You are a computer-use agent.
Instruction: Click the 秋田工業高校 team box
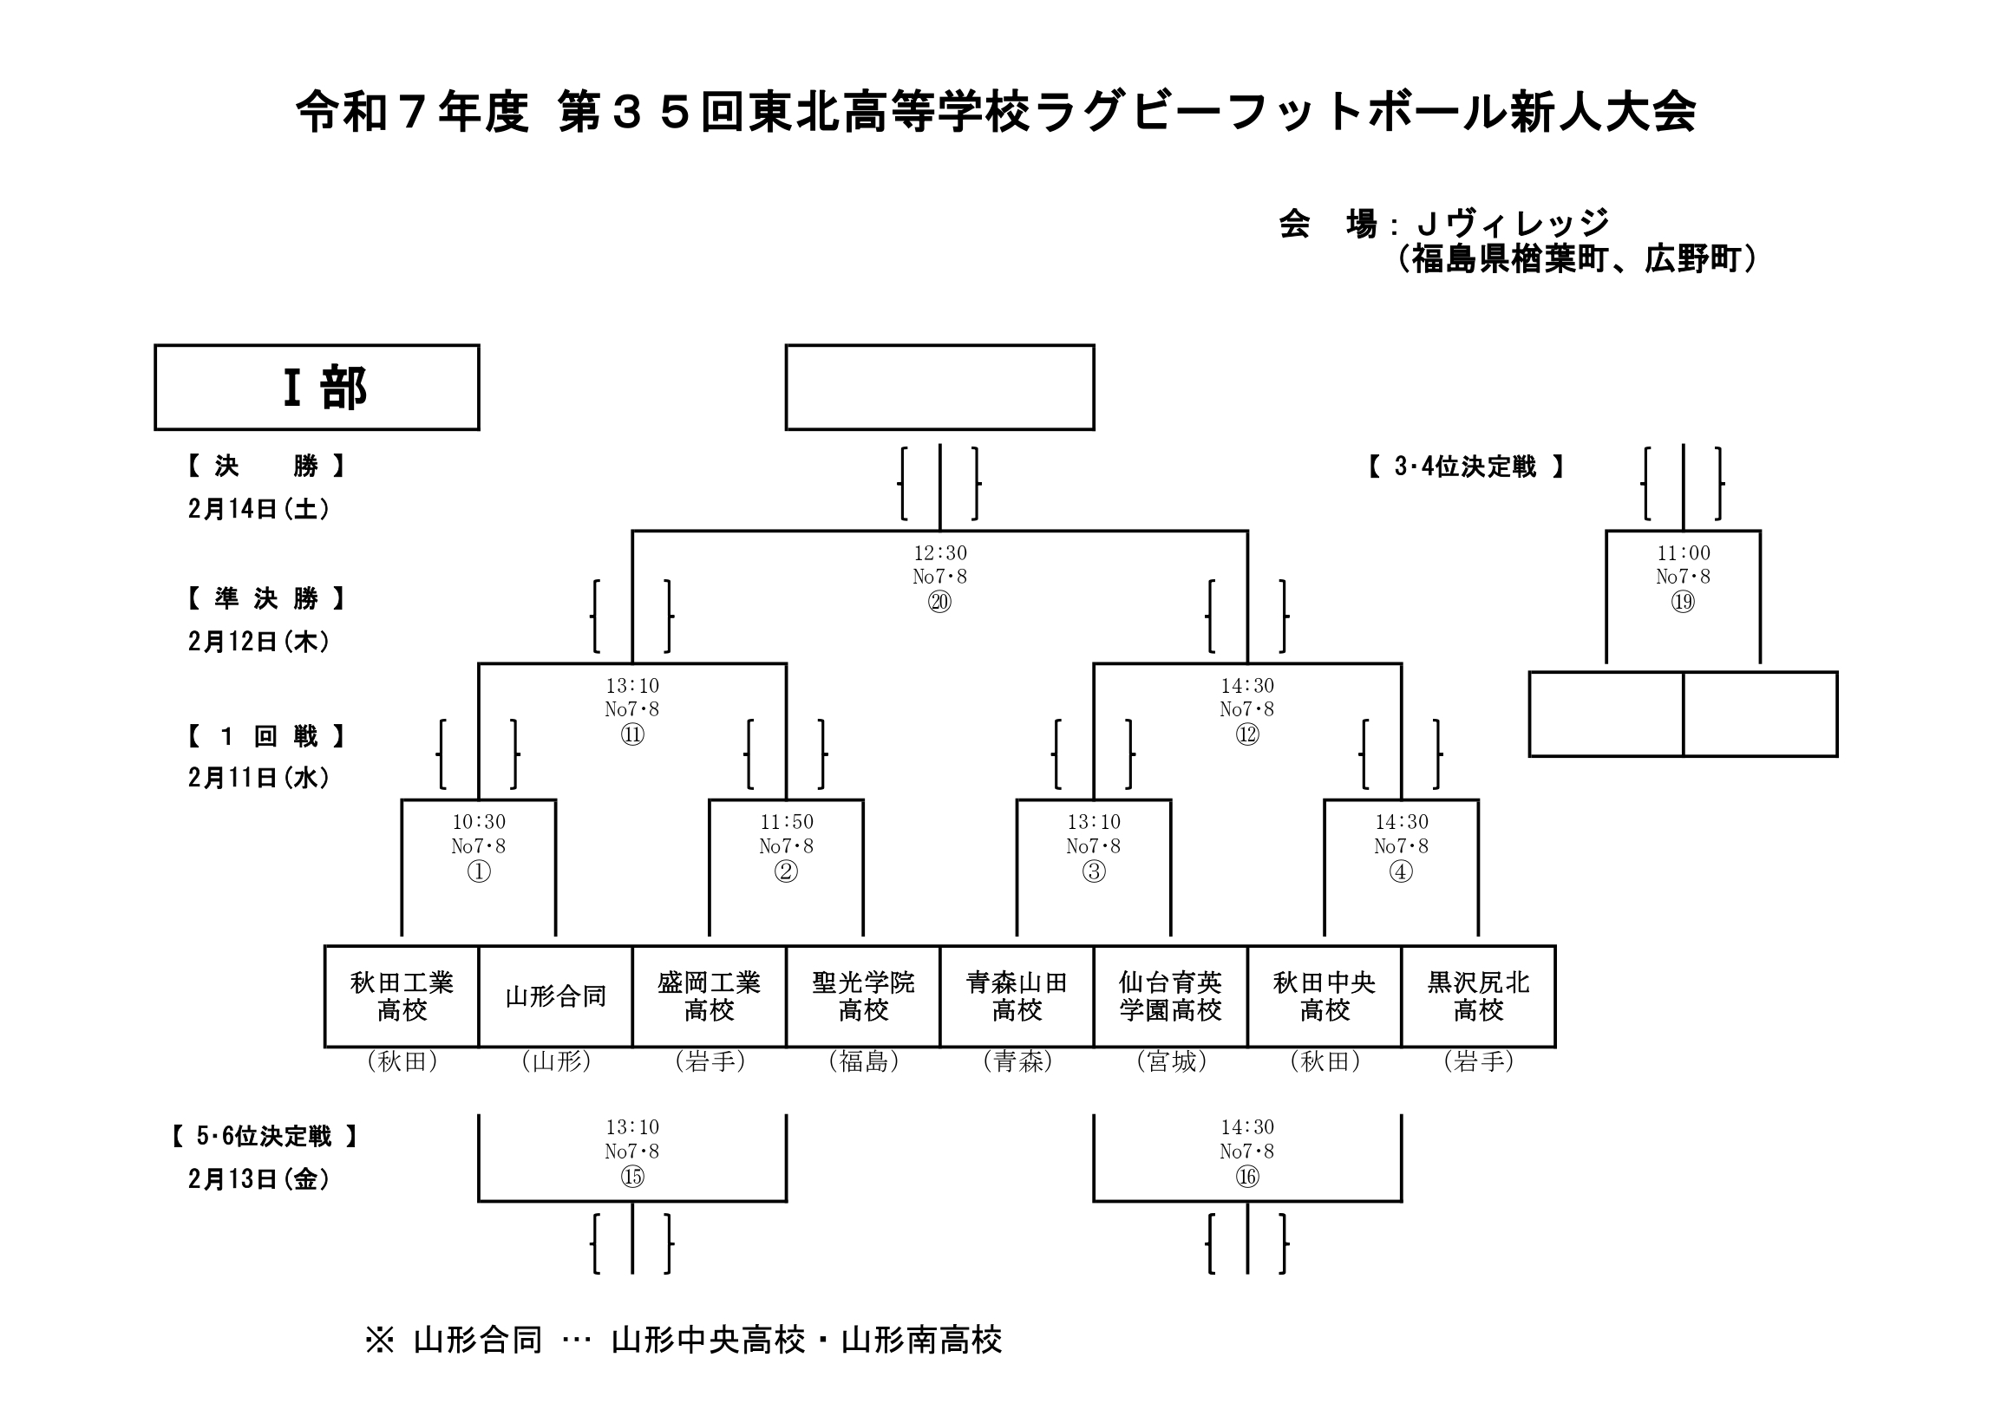(402, 996)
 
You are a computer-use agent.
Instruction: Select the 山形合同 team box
(555, 996)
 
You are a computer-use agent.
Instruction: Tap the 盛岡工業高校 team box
(709, 996)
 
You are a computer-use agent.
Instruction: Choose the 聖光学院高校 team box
(863, 996)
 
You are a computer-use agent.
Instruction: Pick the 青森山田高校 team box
(1017, 996)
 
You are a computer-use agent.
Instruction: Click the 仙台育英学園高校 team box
(1170, 996)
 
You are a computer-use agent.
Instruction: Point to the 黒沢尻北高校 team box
(1478, 996)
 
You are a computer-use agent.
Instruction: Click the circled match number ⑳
(939, 602)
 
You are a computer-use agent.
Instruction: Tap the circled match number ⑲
(1683, 602)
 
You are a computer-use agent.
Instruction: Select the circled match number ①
(479, 871)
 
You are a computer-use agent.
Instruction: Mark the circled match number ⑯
(1247, 1178)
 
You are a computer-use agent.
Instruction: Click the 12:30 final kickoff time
(939, 553)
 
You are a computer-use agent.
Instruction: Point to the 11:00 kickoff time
(1683, 553)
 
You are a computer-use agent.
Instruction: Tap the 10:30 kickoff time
(479, 822)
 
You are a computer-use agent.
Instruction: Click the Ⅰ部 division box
(317, 388)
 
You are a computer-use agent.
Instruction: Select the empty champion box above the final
(939, 388)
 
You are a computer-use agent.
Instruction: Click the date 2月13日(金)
(259, 1179)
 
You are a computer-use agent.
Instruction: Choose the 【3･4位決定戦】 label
(1466, 467)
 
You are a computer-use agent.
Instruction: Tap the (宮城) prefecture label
(1171, 1061)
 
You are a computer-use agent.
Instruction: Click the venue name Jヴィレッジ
(1513, 224)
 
